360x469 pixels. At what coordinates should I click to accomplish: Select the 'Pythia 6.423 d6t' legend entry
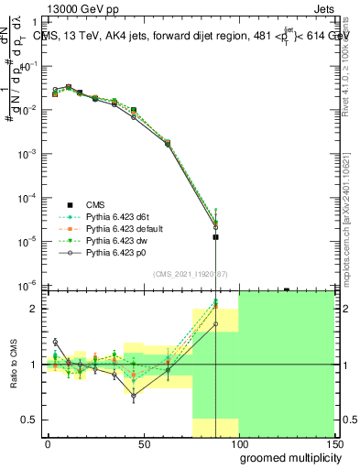[117, 215]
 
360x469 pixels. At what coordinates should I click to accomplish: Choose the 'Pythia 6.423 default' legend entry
[124, 227]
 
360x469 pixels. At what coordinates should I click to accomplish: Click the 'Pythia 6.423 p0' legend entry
[115, 250]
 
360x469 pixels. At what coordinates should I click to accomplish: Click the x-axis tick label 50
[143, 444]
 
